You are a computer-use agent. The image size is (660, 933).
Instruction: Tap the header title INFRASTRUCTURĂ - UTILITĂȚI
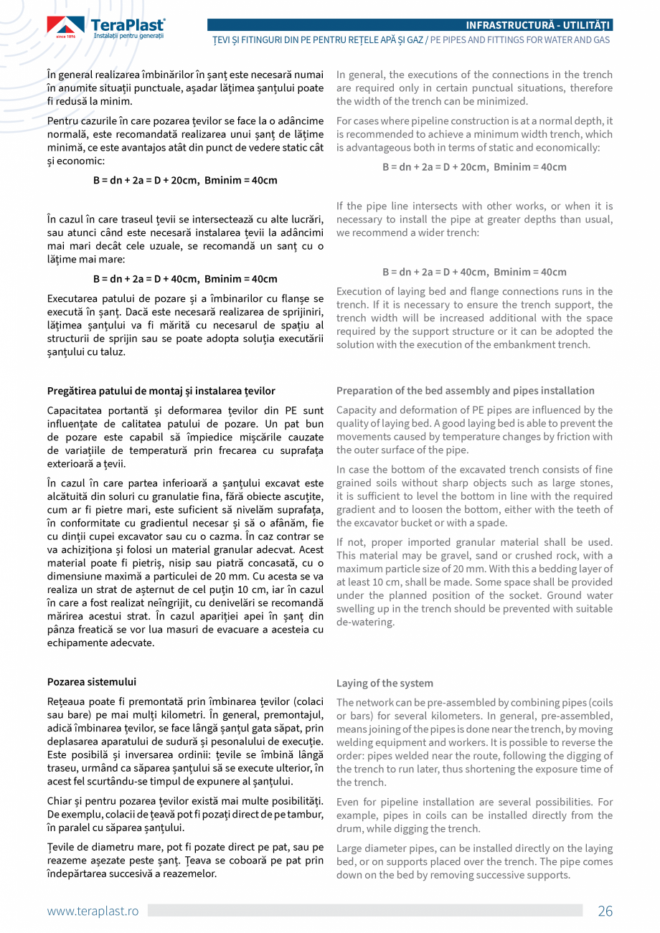point(538,26)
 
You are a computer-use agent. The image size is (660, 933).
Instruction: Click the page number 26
point(605,911)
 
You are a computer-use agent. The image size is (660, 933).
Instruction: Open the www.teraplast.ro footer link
point(93,911)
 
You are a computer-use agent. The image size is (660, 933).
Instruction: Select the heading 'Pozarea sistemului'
point(91,681)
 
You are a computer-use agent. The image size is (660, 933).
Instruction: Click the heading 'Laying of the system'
point(385,683)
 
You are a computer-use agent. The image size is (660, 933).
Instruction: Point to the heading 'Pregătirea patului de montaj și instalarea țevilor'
point(161,391)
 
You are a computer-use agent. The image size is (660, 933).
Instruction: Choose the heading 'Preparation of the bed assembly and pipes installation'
point(465,391)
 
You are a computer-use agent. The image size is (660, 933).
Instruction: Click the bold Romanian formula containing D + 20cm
point(185,180)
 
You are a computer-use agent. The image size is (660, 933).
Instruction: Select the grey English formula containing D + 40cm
point(474,272)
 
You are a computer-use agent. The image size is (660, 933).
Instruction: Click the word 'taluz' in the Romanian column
point(114,351)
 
